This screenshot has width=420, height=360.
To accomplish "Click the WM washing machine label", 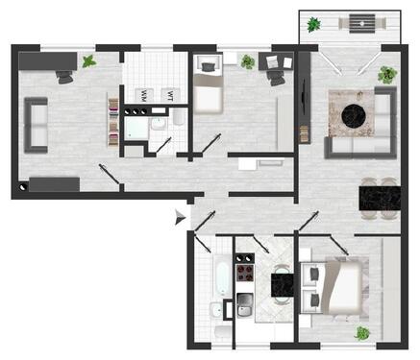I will coord(143,95).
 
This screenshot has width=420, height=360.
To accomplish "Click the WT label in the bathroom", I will coord(169,95).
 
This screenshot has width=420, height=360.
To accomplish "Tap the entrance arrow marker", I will coord(178,220).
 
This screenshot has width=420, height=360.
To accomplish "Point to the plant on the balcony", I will coord(313,24).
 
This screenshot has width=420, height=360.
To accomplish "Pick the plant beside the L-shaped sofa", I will coord(386,74).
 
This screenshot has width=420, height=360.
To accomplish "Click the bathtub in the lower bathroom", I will coord(221,275).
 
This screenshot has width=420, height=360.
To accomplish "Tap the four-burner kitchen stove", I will coord(244,272).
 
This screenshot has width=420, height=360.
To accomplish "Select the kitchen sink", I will coord(244,306).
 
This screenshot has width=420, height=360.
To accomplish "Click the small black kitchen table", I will coord(283,285).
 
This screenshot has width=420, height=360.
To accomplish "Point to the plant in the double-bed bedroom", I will coord(362,333).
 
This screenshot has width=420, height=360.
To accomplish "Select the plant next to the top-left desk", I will coord(89,61).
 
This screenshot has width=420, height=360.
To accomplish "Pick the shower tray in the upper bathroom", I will coord(136,127).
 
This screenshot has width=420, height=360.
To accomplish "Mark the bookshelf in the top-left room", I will coord(113,121).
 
